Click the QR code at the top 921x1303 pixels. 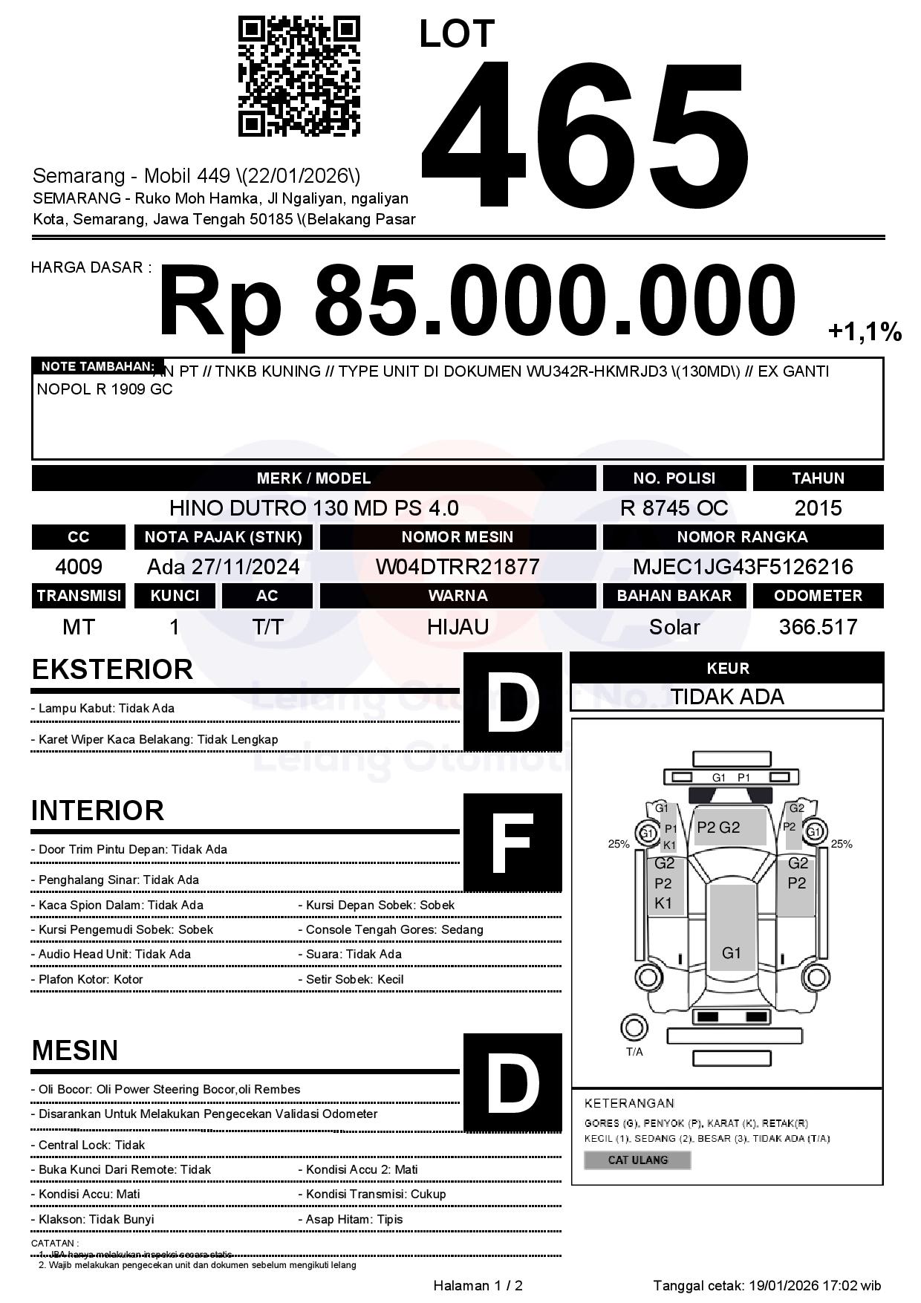[x=299, y=77]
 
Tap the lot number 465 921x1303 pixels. [x=585, y=134]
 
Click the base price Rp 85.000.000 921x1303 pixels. [x=476, y=302]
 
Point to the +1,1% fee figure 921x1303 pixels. [x=865, y=331]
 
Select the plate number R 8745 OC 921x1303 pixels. [x=674, y=508]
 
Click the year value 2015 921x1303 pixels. [x=818, y=508]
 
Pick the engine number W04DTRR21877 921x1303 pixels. [x=458, y=567]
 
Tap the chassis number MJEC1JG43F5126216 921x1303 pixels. [x=743, y=567]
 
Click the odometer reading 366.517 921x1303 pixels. [x=818, y=627]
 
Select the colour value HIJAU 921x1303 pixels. [x=458, y=627]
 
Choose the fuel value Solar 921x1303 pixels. [x=674, y=627]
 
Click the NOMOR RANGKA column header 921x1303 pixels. [x=743, y=537]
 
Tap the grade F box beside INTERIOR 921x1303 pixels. [x=512, y=842]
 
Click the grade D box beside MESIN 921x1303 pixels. [x=512, y=1082]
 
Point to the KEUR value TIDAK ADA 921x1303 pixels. [x=727, y=697]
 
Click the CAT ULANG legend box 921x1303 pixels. [x=637, y=1160]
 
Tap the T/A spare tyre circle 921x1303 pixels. [x=634, y=1028]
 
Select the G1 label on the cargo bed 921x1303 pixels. [x=732, y=952]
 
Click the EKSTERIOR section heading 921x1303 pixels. [x=112, y=669]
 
